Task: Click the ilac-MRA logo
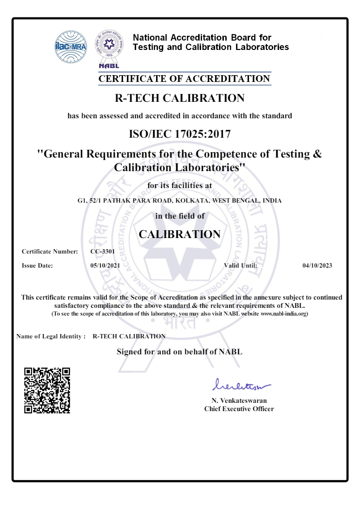pyautogui.click(x=72, y=47)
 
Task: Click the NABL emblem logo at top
pyautogui.click(x=109, y=47)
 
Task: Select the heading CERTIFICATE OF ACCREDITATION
pyautogui.click(x=185, y=79)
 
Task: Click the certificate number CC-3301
pyautogui.click(x=102, y=252)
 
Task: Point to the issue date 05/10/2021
pyautogui.click(x=105, y=266)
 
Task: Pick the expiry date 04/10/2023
pyautogui.click(x=317, y=266)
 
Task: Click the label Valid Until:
pyautogui.click(x=240, y=266)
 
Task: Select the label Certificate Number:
pyautogui.click(x=50, y=252)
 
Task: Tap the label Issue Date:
pyautogui.click(x=37, y=266)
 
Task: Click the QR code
pyautogui.click(x=47, y=391)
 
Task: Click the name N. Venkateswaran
pyautogui.click(x=239, y=400)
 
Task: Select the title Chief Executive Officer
pyautogui.click(x=239, y=409)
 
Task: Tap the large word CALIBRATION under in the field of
pyautogui.click(x=179, y=234)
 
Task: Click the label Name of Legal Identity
pyautogui.click(x=51, y=336)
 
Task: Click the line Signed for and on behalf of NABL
pyautogui.click(x=179, y=351)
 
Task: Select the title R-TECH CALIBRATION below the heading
pyautogui.click(x=179, y=98)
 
